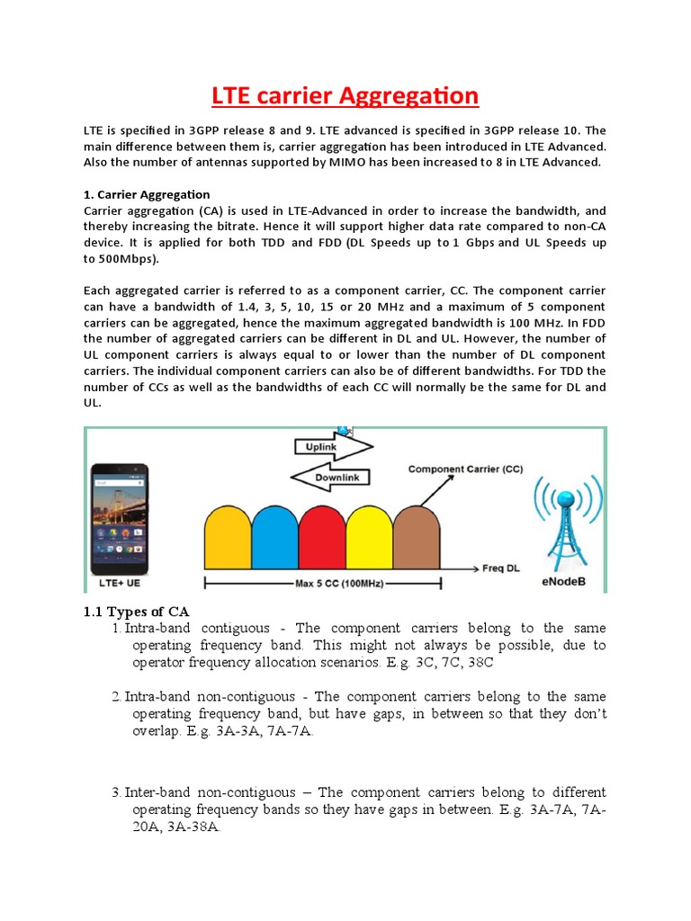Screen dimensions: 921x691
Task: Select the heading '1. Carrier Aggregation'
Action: [147, 194]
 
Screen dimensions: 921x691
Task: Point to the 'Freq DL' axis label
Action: [502, 569]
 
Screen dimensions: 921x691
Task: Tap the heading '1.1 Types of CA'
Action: [136, 612]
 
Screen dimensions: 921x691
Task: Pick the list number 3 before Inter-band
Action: [116, 792]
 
